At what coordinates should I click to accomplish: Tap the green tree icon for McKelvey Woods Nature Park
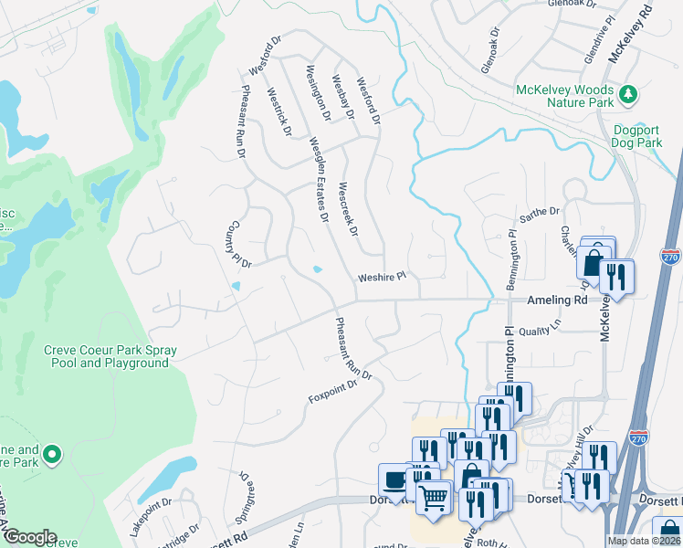pos(627,94)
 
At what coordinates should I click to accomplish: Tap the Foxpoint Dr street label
pos(332,391)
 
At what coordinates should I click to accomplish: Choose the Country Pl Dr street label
pos(239,244)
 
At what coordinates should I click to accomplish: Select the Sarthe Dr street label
pos(539,212)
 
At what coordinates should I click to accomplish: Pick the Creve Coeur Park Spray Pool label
pos(110,356)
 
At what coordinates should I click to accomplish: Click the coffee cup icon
pos(394,479)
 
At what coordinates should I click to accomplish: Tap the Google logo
pos(29,537)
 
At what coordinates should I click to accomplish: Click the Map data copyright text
pos(645,541)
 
